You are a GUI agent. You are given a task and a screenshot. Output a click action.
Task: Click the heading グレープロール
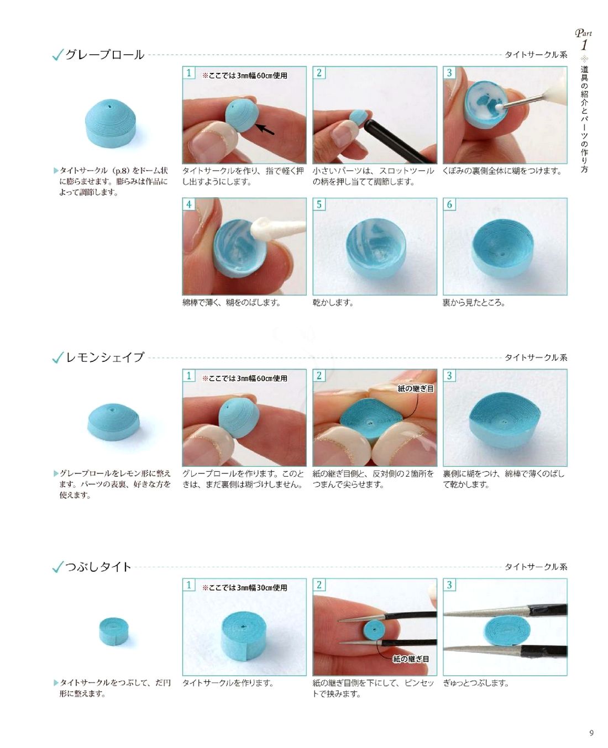point(104,55)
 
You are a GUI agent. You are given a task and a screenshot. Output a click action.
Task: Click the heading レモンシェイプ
point(104,357)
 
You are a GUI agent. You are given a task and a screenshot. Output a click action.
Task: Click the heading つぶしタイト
point(98,566)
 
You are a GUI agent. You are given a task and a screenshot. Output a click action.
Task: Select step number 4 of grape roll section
point(188,204)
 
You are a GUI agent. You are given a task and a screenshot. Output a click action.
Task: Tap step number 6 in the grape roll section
point(449,204)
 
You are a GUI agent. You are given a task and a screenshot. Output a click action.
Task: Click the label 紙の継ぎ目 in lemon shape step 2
point(416,388)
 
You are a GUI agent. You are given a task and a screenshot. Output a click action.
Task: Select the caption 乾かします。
point(333,302)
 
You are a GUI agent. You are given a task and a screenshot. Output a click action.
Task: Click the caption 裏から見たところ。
point(474,302)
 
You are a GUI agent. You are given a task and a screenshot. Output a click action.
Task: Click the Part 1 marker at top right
point(584,40)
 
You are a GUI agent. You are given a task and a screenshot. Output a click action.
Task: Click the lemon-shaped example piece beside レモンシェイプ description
point(113,422)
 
